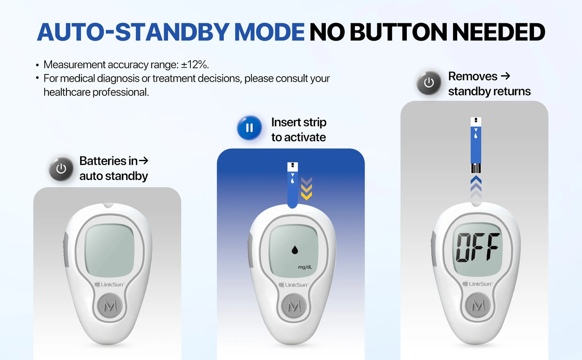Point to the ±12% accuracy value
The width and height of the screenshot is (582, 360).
pos(195,65)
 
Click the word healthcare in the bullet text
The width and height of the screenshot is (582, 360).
pos(66,92)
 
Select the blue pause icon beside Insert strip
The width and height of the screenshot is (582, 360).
pos(249,128)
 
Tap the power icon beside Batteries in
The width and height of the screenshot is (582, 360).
pos(61,169)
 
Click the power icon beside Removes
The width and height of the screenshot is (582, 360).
pos(429,83)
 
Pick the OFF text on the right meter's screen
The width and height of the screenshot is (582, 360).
pos(477,247)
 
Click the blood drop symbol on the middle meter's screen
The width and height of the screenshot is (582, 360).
pos(295,250)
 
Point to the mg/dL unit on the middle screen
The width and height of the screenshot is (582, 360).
pos(305,267)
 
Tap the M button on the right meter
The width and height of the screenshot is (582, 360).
pos(478,305)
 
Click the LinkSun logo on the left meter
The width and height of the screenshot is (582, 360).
pos(110,284)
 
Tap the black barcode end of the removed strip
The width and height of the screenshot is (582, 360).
pos(476,168)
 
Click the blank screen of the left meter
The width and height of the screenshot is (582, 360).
pos(110,250)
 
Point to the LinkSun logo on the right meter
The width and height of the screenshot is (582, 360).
pos(478,284)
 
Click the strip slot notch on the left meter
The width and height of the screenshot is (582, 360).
pos(109,205)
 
